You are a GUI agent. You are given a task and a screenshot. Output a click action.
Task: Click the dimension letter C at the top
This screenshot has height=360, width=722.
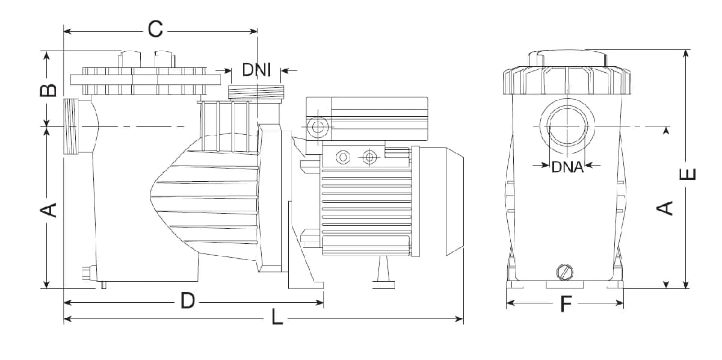(155, 29)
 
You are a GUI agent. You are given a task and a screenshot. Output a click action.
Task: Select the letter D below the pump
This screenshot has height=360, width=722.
(188, 300)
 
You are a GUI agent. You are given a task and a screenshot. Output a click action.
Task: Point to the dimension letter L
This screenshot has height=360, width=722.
(277, 317)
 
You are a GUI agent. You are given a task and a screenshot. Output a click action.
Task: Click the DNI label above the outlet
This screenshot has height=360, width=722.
(256, 70)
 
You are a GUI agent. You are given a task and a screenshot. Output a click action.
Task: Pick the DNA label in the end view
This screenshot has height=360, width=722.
(567, 167)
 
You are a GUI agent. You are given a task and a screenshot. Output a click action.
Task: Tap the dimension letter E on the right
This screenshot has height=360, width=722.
(687, 174)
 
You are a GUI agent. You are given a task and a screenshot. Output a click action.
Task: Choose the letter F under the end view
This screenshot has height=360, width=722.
(566, 304)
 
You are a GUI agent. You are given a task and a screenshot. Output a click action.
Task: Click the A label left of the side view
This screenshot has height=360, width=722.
(48, 210)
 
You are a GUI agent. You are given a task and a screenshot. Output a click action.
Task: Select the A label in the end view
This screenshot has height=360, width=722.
(664, 208)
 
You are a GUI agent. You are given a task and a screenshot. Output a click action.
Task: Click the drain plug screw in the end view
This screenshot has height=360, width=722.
(565, 273)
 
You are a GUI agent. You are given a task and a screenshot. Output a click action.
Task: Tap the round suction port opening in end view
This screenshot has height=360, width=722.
(567, 126)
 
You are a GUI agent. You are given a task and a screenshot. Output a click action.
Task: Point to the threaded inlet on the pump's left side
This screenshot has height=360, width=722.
(71, 126)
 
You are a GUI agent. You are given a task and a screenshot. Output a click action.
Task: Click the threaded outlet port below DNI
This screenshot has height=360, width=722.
(256, 92)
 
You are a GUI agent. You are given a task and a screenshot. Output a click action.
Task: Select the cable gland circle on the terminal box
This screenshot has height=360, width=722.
(318, 127)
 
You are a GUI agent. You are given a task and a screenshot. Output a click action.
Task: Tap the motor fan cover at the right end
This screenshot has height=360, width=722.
(454, 201)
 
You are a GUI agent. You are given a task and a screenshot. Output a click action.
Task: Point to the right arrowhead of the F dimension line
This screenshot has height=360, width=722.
(619, 303)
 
